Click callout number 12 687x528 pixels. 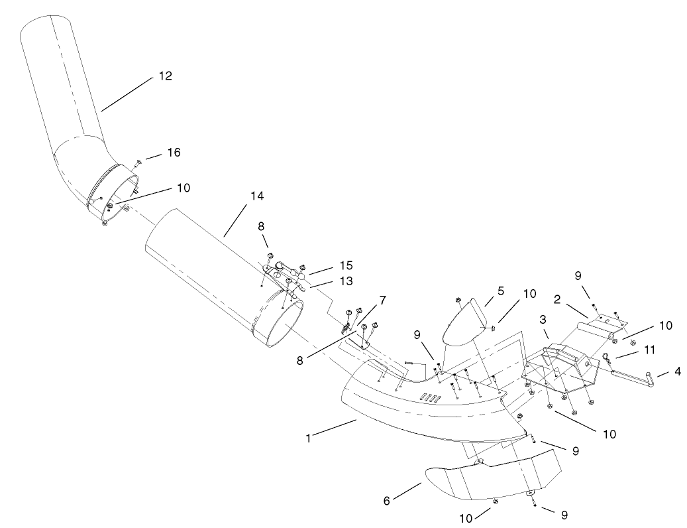(x=165, y=76)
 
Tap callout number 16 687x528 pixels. (x=174, y=153)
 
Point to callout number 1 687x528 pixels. (x=309, y=437)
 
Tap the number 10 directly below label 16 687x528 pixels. (x=183, y=188)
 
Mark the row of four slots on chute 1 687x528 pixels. (x=432, y=398)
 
